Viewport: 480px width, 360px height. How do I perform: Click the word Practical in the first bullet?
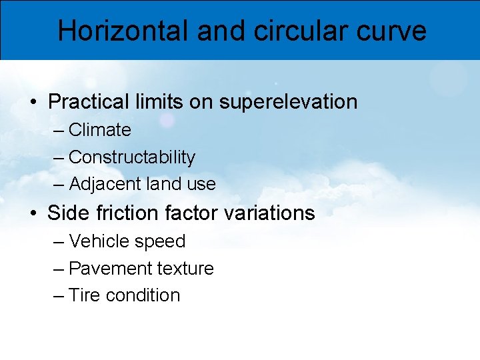[88, 102]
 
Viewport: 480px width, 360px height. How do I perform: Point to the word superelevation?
[288, 102]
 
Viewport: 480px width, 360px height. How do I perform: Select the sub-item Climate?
[99, 130]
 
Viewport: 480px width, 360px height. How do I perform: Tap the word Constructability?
[132, 157]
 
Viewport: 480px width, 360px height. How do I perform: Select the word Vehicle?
[97, 241]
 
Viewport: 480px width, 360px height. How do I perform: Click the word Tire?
[83, 295]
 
